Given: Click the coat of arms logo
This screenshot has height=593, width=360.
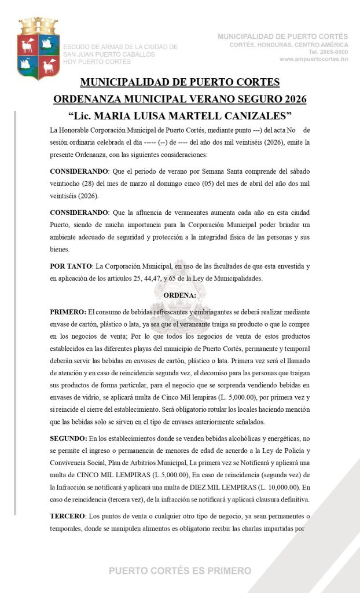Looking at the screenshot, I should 39,49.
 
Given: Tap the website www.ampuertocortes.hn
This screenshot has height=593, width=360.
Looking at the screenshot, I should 314,59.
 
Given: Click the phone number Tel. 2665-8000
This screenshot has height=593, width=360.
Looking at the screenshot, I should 329,52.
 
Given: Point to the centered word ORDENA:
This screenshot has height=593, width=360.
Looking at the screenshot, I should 180,295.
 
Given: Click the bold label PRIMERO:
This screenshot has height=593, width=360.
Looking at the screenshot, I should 68,311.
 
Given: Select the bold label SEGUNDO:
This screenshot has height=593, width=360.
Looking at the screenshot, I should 69,440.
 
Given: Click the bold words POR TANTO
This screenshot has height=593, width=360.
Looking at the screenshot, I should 70,266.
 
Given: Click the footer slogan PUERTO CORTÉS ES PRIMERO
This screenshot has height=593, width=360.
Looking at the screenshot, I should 180,571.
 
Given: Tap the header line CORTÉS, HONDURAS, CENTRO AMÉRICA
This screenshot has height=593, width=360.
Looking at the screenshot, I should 289,45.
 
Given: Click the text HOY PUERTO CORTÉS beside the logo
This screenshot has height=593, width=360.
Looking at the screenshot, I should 97,61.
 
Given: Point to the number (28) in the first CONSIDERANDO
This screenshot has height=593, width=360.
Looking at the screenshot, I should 86,184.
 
